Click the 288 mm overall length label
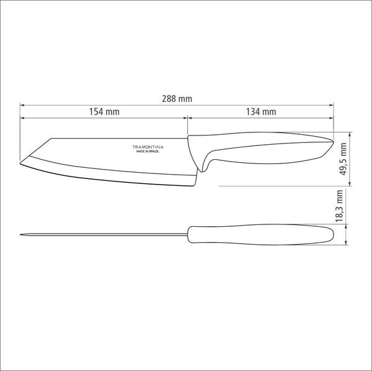click(177, 99)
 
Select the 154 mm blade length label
click(104, 112)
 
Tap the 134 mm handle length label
click(261, 112)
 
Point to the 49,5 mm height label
click(343, 159)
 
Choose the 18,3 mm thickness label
click(340, 206)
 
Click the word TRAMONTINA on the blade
click(148, 147)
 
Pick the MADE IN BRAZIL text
click(148, 152)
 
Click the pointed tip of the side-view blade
click(20, 163)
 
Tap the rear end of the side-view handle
click(333, 142)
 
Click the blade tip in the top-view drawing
click(20, 235)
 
